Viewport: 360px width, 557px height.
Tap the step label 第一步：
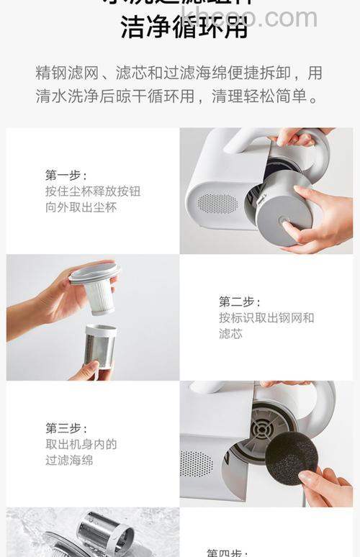[x=66, y=175]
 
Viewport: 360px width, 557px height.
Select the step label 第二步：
[x=240, y=302]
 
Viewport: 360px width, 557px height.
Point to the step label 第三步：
[x=66, y=428]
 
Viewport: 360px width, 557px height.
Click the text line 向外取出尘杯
[x=81, y=207]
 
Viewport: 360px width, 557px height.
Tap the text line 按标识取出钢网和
[x=266, y=318]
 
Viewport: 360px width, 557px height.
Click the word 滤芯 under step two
[x=230, y=334]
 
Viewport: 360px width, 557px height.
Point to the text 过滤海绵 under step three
[x=69, y=461]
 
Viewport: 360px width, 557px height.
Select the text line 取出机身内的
[x=81, y=445]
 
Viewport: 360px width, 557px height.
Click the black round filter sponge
[x=292, y=458]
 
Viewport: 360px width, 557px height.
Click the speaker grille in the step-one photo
[x=217, y=204]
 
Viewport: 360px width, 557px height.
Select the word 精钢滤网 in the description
[x=63, y=73]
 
